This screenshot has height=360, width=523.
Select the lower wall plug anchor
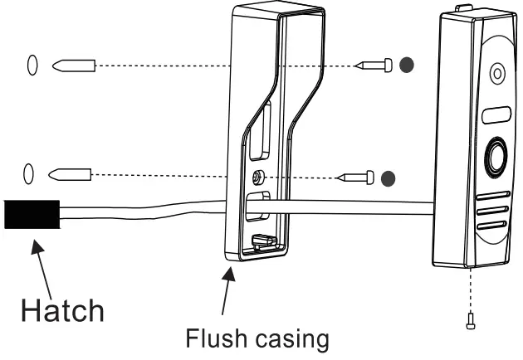click(70, 174)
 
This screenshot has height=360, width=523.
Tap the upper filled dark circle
click(404, 64)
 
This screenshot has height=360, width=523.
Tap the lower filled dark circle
click(387, 177)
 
